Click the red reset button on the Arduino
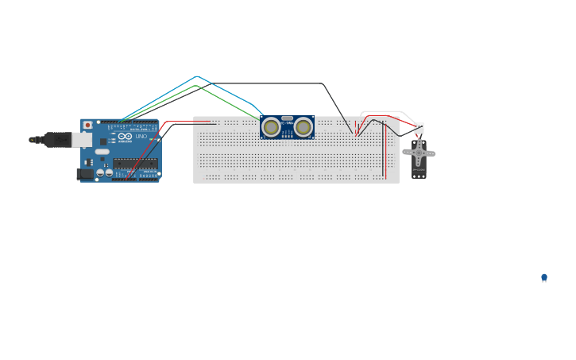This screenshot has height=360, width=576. (x=87, y=125)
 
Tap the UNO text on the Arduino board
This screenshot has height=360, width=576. (x=141, y=137)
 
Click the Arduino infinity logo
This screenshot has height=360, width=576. (x=125, y=137)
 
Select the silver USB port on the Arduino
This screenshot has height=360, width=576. (x=82, y=140)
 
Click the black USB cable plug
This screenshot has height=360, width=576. (x=57, y=140)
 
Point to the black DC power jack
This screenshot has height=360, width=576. (x=83, y=173)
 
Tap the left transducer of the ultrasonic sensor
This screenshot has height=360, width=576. (x=272, y=127)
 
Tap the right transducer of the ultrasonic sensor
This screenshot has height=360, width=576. (x=303, y=127)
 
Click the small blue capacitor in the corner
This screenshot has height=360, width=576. (x=544, y=277)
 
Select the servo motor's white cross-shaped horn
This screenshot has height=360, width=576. (x=419, y=152)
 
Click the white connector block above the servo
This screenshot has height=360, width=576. (x=419, y=127)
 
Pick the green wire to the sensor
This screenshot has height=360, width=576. (x=230, y=102)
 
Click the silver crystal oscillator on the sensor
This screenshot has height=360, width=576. (x=288, y=118)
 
